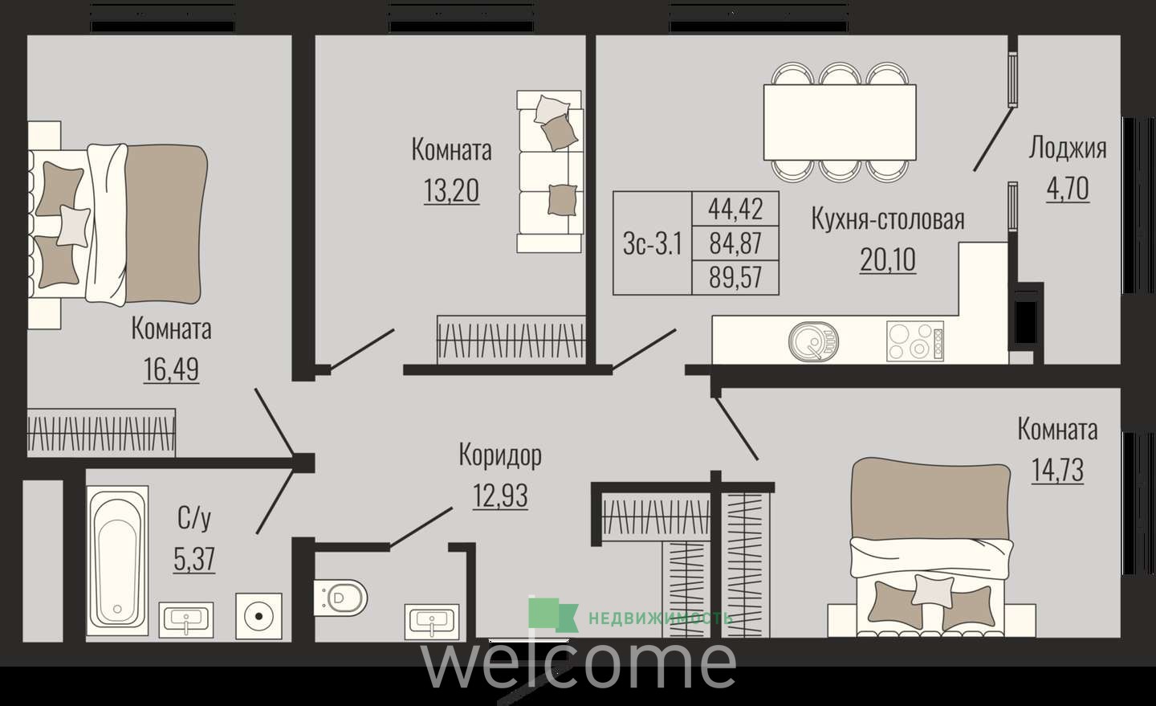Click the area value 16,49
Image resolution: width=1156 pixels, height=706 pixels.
[171, 369]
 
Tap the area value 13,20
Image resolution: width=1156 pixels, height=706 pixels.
[451, 190]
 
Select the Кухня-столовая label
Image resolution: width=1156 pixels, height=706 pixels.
[888, 218]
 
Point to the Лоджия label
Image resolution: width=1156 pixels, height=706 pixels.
[1067, 148]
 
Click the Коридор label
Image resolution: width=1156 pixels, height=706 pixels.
[500, 455]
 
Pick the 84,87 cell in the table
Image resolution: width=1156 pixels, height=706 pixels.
[735, 243]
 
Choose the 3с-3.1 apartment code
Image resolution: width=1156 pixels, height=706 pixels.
[653, 243]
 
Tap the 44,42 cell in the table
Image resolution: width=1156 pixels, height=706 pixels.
[735, 209]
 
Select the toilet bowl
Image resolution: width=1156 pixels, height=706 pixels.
[340, 598]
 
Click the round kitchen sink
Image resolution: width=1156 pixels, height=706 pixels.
[813, 341]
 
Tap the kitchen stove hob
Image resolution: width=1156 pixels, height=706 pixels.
[915, 341]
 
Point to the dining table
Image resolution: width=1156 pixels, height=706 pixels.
[840, 122]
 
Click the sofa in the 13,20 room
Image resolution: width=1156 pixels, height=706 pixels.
[550, 171]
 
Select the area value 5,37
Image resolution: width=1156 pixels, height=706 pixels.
[194, 559]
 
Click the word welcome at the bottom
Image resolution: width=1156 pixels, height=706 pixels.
[579, 663]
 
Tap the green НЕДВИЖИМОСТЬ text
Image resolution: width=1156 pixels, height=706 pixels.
[660, 618]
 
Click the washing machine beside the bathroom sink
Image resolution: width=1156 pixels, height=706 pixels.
[259, 616]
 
